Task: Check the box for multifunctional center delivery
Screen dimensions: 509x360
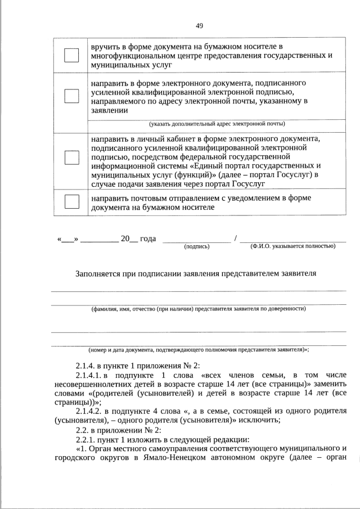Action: click(x=71, y=55)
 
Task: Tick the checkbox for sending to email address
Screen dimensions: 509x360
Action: click(x=71, y=96)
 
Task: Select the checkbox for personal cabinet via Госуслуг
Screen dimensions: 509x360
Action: click(x=71, y=157)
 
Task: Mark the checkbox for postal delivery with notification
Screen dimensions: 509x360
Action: click(x=71, y=201)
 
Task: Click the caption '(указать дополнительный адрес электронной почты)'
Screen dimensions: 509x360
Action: click(x=217, y=124)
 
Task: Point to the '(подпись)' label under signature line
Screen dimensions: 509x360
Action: click(x=197, y=246)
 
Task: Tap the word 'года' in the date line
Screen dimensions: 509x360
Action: click(x=147, y=238)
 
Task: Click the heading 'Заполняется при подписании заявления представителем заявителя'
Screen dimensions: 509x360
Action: click(x=196, y=274)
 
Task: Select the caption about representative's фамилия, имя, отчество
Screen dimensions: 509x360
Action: click(x=199, y=309)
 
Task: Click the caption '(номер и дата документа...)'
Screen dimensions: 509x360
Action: click(x=197, y=349)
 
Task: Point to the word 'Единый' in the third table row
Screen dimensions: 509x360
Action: click(x=207, y=166)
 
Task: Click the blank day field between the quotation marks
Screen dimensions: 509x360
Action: click(x=67, y=239)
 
